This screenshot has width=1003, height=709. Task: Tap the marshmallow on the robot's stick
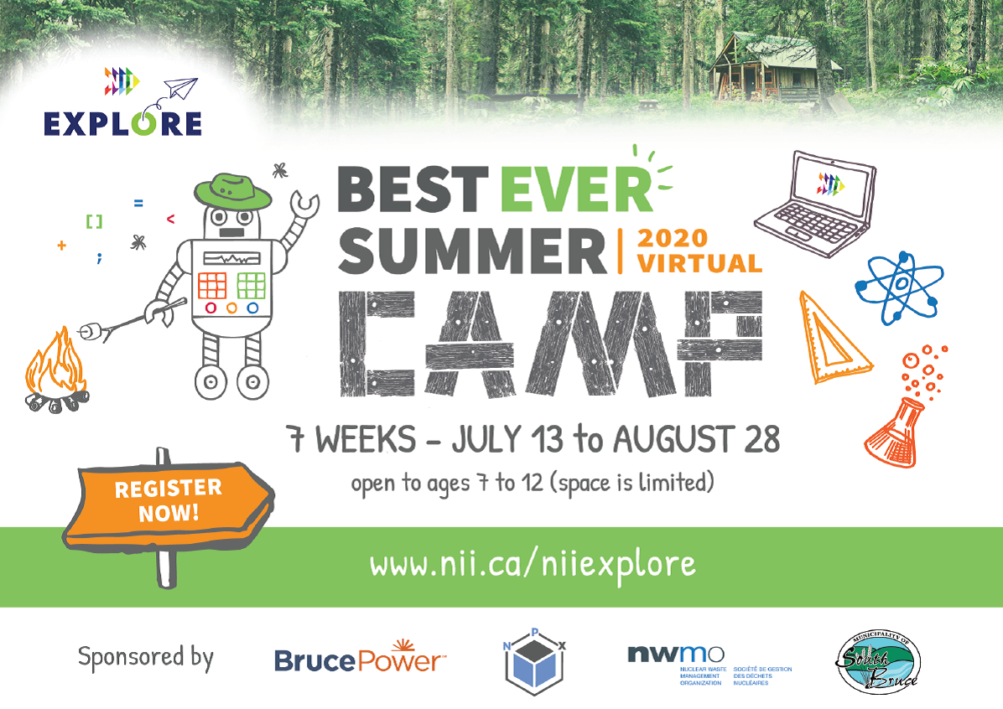[87, 333]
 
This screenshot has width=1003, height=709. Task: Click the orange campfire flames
[55, 365]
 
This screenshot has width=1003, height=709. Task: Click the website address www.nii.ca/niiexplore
[533, 564]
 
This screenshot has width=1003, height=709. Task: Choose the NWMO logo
[676, 655]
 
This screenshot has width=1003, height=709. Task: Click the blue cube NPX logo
[533, 668]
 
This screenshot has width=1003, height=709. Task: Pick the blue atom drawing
[898, 287]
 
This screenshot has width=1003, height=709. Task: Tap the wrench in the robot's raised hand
[303, 206]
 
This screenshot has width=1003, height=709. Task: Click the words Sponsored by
[146, 657]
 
